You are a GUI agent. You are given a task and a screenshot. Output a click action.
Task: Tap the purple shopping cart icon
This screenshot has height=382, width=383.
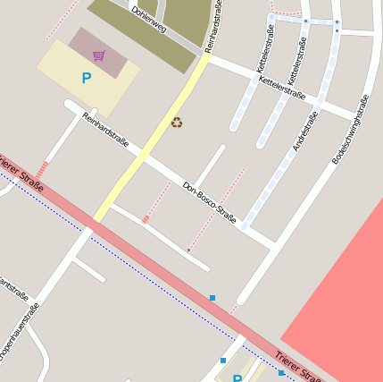[x=98, y=55]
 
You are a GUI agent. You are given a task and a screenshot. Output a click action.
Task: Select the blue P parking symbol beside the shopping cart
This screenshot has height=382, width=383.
[x=87, y=79]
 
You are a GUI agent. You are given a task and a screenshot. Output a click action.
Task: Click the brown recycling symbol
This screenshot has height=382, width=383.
[x=177, y=123]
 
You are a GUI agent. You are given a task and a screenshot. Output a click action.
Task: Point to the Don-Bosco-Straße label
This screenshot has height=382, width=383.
[x=209, y=202]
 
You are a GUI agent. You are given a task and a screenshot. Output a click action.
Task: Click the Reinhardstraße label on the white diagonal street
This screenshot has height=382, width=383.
[x=105, y=130]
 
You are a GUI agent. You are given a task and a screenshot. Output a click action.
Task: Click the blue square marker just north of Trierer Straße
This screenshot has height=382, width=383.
[x=212, y=297]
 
